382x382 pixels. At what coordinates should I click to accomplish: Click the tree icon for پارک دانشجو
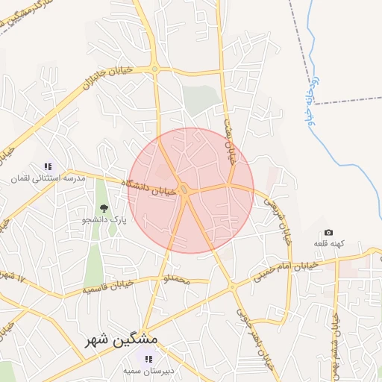tap(103, 209)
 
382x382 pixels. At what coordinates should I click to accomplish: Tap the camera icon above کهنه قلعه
tap(328, 233)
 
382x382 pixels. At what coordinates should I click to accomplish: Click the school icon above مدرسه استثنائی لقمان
tap(48, 166)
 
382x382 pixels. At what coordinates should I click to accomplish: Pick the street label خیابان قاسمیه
tap(110, 284)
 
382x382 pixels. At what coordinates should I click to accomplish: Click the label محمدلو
tap(177, 280)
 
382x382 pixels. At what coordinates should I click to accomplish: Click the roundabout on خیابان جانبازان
tap(154, 69)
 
